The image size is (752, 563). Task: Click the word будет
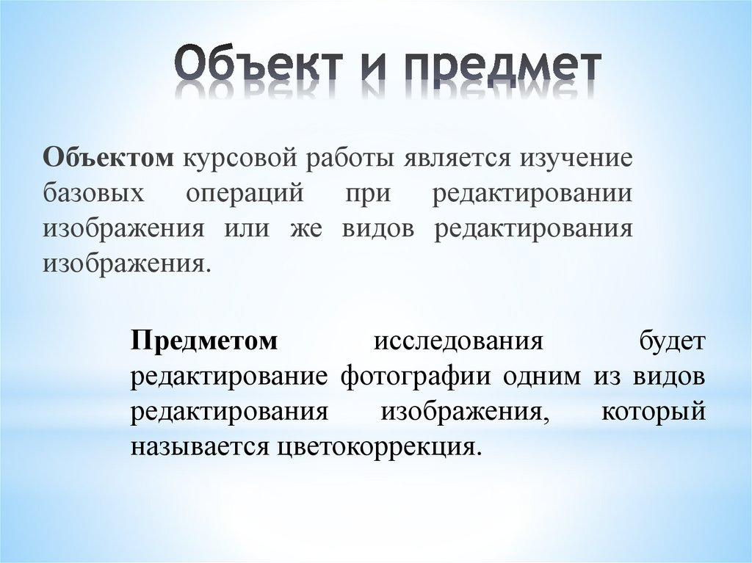click(671, 341)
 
